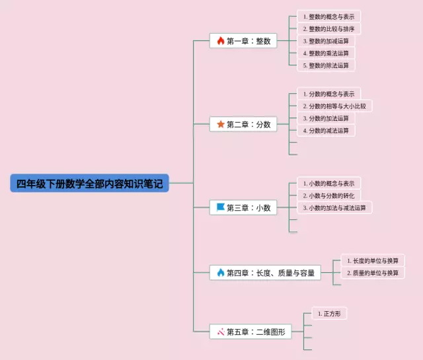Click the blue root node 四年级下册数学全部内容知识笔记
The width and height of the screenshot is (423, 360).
[89, 183]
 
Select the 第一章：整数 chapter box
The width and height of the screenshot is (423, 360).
[243, 41]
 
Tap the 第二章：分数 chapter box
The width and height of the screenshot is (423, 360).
[243, 124]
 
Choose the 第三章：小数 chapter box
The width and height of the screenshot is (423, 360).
[243, 207]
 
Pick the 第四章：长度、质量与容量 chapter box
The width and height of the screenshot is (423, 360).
[265, 272]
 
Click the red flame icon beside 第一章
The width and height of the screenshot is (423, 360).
[220, 41]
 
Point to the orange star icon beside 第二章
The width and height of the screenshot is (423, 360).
[220, 124]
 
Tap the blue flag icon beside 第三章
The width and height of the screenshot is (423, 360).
[220, 207]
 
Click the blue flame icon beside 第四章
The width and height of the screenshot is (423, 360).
[220, 272]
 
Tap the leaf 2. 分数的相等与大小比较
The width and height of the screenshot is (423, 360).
[334, 106]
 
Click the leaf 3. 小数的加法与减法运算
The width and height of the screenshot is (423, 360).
[334, 207]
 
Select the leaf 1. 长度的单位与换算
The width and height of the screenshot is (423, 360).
[372, 261]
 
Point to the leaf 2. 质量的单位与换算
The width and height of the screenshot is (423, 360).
[372, 273]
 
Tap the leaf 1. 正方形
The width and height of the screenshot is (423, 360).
[328, 314]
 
